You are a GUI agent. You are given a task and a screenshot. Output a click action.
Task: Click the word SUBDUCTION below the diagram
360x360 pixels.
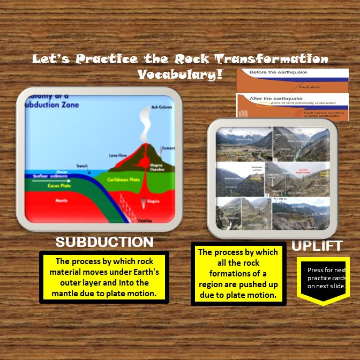pyautogui.click(x=104, y=242)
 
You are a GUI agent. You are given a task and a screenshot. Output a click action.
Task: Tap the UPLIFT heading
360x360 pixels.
pyautogui.click(x=317, y=246)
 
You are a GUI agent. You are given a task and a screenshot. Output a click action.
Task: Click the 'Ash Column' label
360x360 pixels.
pyautogui.click(x=162, y=107)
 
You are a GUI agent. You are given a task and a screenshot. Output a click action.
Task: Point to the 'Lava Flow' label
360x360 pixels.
pyautogui.click(x=117, y=155)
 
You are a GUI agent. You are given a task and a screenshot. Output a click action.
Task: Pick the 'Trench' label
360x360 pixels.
pyautogui.click(x=82, y=166)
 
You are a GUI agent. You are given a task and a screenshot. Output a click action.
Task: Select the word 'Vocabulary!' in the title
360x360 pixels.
pyautogui.click(x=180, y=74)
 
